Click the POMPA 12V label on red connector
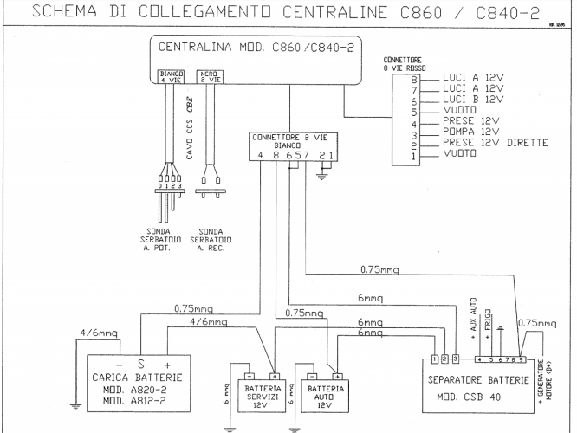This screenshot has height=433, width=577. click(x=469, y=133)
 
